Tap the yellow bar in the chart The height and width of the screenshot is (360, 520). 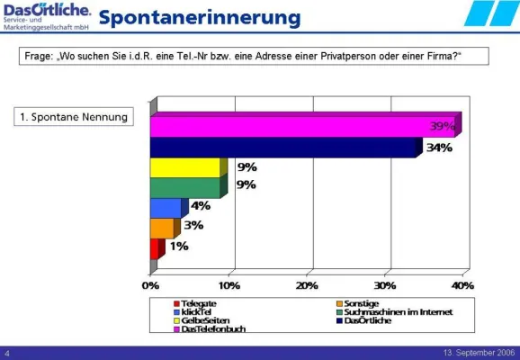184,168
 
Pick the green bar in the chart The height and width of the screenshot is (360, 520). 184,188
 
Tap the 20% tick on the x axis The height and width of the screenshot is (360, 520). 307,284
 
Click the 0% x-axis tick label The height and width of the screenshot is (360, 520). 151,284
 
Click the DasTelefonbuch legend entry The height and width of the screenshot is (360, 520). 212,328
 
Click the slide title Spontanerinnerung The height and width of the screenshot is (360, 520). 199,17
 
